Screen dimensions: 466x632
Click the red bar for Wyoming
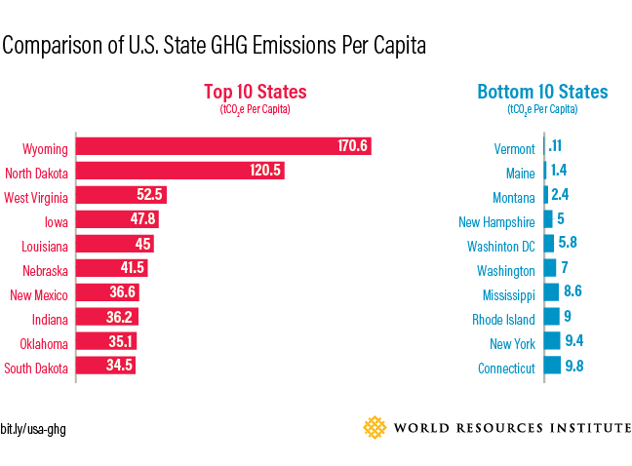pyautogui.click(x=223, y=147)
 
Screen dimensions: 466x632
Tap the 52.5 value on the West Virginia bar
pyautogui.click(x=149, y=196)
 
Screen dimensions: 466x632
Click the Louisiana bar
pyautogui.click(x=114, y=245)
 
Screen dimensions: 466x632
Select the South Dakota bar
pyautogui.click(x=105, y=367)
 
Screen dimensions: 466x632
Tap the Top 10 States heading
pyautogui.click(x=255, y=93)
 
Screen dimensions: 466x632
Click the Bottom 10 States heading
pyautogui.click(x=542, y=93)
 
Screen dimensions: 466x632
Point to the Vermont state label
pyautogui.click(x=514, y=149)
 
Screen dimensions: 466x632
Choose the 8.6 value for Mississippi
pyautogui.click(x=572, y=291)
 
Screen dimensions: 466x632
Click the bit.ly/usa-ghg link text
pyautogui.click(x=33, y=429)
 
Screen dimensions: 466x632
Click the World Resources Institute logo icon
pyautogui.click(x=375, y=427)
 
